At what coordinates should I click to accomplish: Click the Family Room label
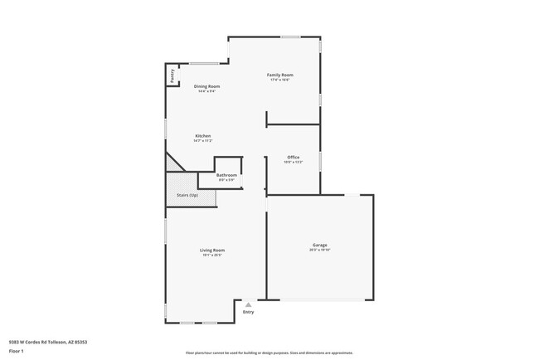pos(279,75)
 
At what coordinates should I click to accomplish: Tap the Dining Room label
pos(206,86)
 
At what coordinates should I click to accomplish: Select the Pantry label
pos(172,75)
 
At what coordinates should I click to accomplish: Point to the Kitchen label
pos(203,135)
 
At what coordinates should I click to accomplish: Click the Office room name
pos(294,157)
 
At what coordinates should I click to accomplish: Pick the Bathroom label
pos(227,175)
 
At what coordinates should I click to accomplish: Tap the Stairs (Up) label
pos(187,196)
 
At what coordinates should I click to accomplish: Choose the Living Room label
pos(212,250)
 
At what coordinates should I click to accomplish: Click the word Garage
pos(319,245)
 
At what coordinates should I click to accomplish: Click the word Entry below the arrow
pos(248,312)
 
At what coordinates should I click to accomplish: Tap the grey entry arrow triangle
pos(248,304)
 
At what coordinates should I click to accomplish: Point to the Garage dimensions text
pos(319,250)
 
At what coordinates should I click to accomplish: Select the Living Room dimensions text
pos(212,255)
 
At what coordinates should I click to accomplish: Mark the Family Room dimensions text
pos(279,80)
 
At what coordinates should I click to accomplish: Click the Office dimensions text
pos(294,162)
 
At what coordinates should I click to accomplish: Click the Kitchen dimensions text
pos(203,140)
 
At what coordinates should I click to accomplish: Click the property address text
pos(48,341)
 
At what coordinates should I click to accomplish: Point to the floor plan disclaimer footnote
pos(269,352)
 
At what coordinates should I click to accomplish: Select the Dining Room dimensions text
pos(206,91)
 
